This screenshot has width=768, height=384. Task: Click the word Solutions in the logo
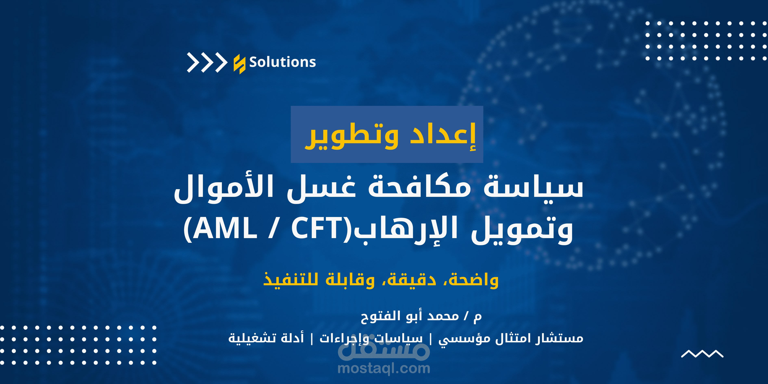pyautogui.click(x=282, y=62)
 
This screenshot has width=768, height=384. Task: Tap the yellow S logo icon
pyautogui.click(x=239, y=64)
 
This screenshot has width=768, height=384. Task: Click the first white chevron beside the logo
pyautogui.click(x=193, y=62)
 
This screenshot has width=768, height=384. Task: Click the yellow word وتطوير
pyautogui.click(x=352, y=136)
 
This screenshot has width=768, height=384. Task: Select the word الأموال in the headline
pyautogui.click(x=224, y=188)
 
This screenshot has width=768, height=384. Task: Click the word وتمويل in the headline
pyautogui.click(x=522, y=230)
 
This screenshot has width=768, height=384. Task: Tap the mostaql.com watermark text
pyautogui.click(x=384, y=369)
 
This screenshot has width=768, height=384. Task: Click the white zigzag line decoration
pyautogui.click(x=702, y=354)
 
